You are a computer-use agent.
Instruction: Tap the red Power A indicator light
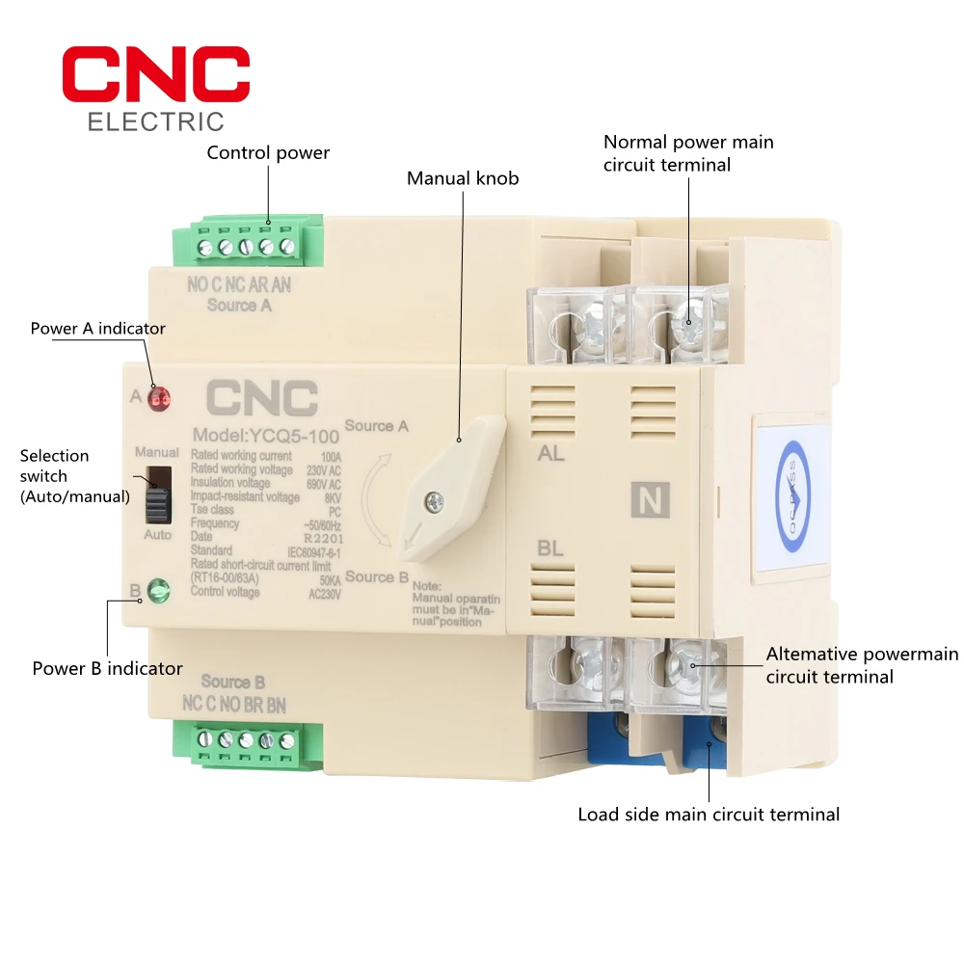tap(160, 397)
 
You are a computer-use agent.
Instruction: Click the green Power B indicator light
tap(158, 590)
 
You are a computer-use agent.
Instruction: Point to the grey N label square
tap(650, 498)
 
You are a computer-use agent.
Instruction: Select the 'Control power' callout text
tap(268, 152)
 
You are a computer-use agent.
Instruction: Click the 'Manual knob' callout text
tap(463, 177)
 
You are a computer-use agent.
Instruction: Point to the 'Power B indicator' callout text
tap(107, 668)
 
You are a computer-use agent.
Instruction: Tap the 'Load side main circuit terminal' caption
tap(709, 815)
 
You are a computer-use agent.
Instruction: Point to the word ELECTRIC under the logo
tap(155, 121)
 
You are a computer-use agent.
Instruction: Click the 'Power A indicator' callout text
tap(98, 328)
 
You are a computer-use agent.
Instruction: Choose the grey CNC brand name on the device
tap(260, 398)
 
